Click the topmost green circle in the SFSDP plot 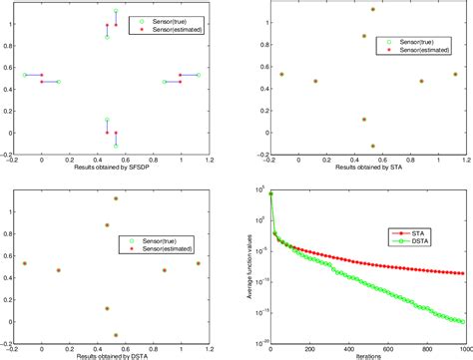116,11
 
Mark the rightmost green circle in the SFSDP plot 198,75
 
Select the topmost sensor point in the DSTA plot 116,198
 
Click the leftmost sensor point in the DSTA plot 25,263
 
